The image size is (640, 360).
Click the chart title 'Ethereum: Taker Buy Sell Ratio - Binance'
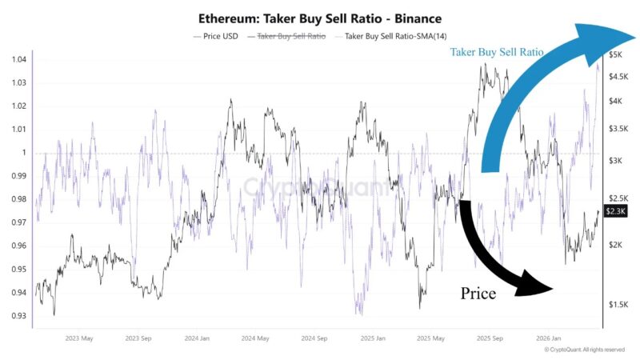click(319, 18)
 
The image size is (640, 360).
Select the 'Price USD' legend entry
click(218, 36)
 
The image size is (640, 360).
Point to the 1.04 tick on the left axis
click(18, 60)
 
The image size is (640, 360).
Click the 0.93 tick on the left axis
click(18, 316)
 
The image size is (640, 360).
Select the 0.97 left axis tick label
click(18, 222)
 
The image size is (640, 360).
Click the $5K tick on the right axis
click(616, 54)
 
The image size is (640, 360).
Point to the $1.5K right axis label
click(618, 305)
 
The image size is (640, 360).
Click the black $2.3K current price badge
click(616, 211)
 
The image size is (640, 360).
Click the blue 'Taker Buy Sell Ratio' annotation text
click(496, 52)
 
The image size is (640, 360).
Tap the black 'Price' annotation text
click(478, 293)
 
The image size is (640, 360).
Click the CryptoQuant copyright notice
click(584, 350)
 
